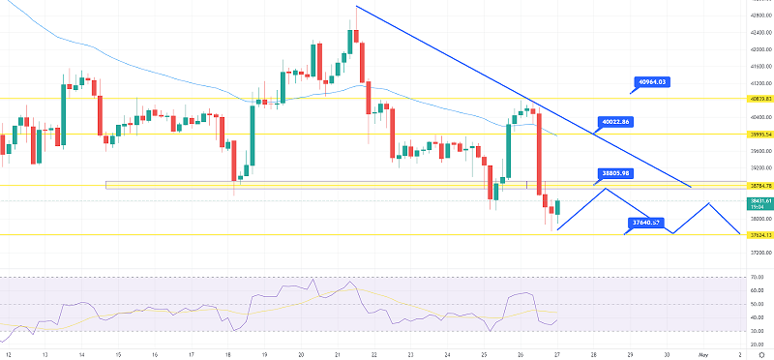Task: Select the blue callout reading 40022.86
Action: click(615, 122)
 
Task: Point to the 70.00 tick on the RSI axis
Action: click(758, 277)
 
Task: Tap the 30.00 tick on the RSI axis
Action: click(758, 331)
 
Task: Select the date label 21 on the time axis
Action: click(338, 354)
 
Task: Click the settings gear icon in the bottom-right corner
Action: click(761, 354)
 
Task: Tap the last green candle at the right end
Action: click(557, 206)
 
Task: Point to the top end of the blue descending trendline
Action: click(356, 8)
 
